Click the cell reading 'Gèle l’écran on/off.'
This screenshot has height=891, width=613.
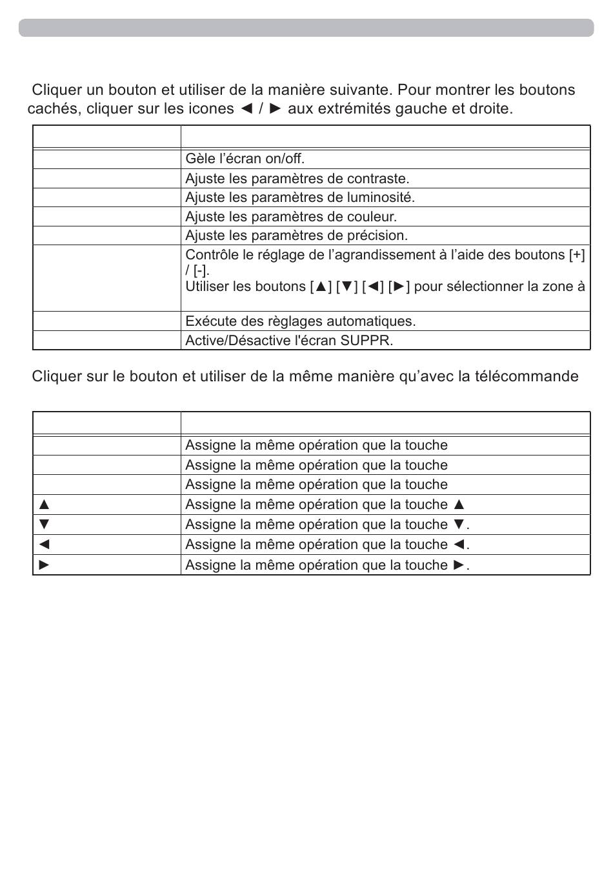[x=245, y=159]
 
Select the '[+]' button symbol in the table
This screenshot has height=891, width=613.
[x=576, y=255]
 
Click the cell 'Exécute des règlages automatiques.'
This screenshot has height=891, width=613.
[x=300, y=321]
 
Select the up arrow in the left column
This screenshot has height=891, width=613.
[x=44, y=505]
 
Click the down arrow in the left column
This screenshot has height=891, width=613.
[x=44, y=525]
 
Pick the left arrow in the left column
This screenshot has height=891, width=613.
[x=44, y=545]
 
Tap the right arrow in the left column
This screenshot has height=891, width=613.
[x=44, y=565]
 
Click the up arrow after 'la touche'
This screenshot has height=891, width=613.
[x=459, y=505]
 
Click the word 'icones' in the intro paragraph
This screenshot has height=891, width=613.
[x=211, y=108]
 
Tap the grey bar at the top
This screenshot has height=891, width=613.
[x=306, y=28]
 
